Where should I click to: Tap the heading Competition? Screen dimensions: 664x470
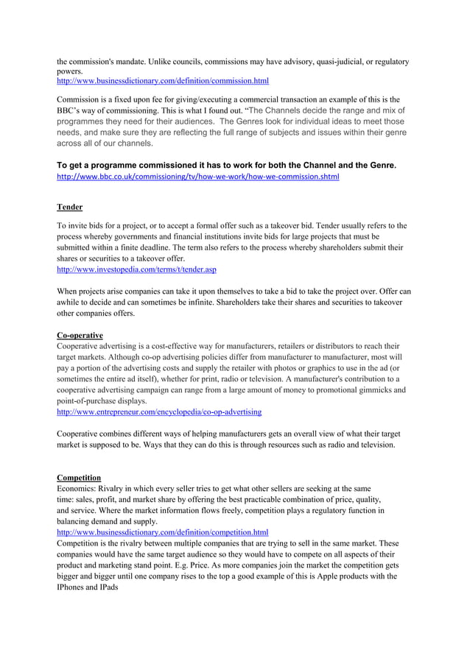pos(79,478)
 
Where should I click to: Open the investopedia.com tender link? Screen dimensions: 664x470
pos(136,270)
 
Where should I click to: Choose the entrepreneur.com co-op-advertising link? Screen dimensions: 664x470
pos(159,412)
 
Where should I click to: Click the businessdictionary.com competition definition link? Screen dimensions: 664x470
pos(163,531)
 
